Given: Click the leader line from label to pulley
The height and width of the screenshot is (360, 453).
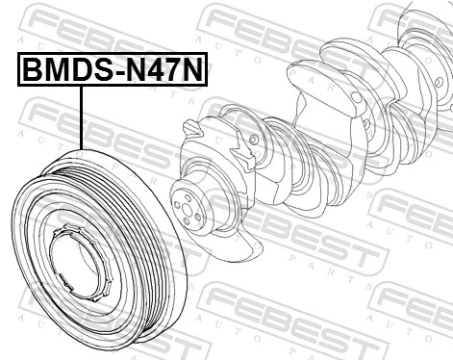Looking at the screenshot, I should [82, 116].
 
